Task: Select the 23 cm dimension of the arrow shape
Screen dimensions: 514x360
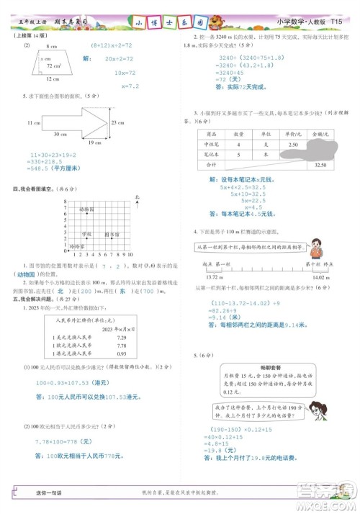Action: click(116, 124)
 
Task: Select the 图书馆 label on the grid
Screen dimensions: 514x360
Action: click(111, 235)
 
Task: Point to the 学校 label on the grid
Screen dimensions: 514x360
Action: click(86, 235)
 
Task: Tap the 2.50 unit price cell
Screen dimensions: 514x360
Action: click(292, 145)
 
